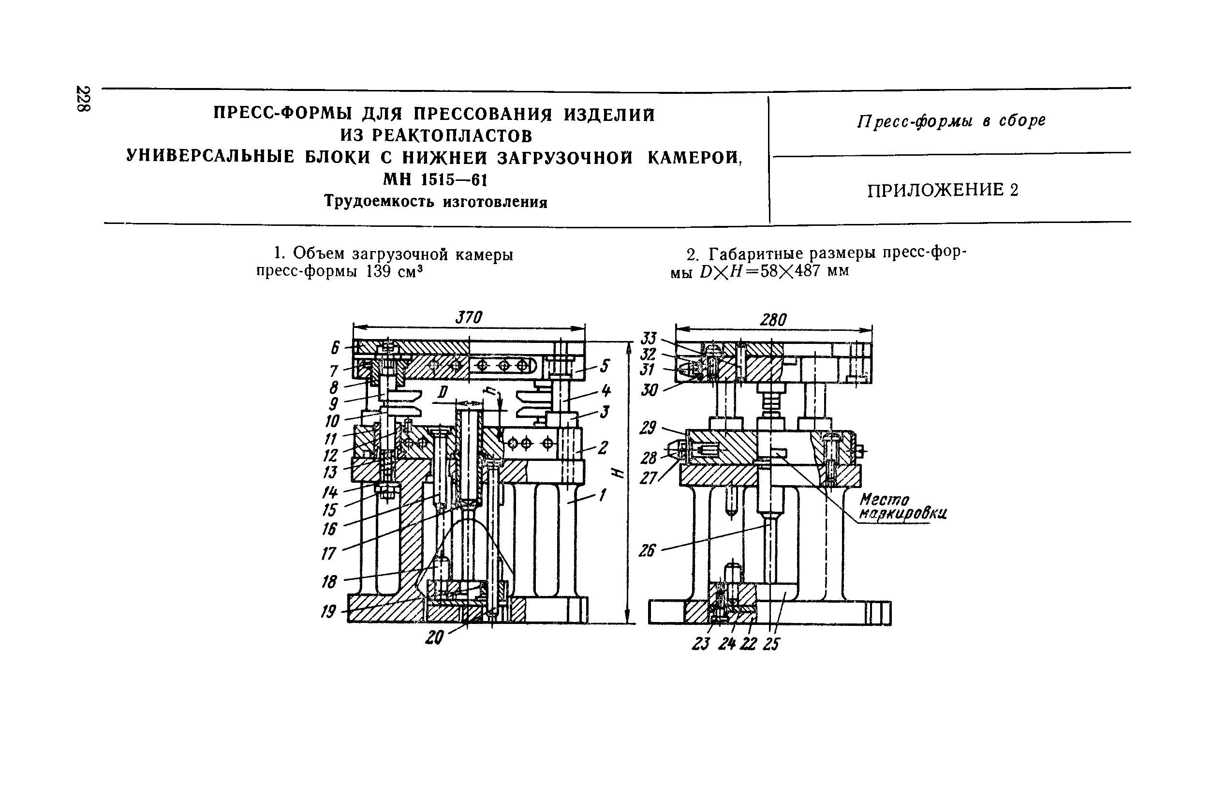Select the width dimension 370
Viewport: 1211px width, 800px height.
(x=468, y=318)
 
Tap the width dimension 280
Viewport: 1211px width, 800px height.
(x=773, y=320)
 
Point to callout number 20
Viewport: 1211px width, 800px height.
(x=434, y=637)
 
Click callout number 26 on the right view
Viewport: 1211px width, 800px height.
(x=647, y=550)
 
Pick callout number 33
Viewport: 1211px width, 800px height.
(x=649, y=338)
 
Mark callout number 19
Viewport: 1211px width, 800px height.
(x=328, y=611)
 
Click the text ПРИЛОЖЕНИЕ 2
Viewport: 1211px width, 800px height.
(x=943, y=190)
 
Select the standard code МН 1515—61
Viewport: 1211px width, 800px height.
(x=435, y=179)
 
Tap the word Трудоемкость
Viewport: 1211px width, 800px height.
(x=379, y=202)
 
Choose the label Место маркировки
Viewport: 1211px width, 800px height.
(x=902, y=506)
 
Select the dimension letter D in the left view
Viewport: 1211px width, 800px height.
(x=442, y=392)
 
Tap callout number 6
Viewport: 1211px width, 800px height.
(x=335, y=347)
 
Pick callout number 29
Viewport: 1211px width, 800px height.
(x=648, y=428)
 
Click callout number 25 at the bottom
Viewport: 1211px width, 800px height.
(x=771, y=644)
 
